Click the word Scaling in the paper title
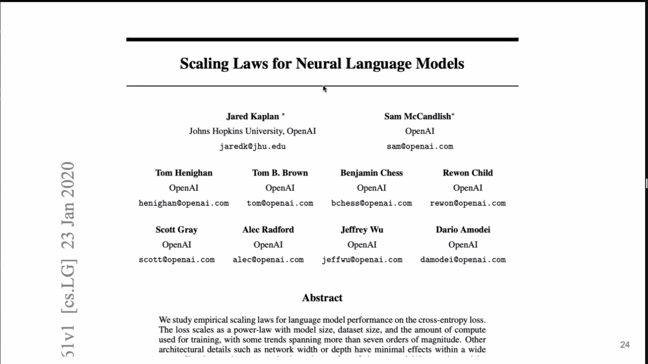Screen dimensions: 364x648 pos(204,64)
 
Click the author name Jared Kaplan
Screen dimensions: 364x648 pos(253,116)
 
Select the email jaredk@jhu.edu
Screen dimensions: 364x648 pos(253,146)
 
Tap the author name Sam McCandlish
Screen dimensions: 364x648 pos(417,116)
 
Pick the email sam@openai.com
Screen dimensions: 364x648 pos(420,146)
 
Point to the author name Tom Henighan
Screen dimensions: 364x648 pos(184,173)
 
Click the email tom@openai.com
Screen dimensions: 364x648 pos(280,203)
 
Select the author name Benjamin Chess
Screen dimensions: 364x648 pos(371,173)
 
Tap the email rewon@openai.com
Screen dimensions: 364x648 pos(467,203)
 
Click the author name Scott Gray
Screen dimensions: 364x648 pos(176,230)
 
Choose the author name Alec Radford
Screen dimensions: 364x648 pos(268,230)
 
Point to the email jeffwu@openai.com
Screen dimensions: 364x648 pos(362,260)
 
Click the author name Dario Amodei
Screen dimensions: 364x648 pos(463,230)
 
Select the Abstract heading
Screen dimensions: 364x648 pos(322,298)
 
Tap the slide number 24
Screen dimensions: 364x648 pos(625,345)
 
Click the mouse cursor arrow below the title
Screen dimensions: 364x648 pos(324,88)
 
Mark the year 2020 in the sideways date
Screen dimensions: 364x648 pos(68,180)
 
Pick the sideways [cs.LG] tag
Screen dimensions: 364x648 pos(68,286)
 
